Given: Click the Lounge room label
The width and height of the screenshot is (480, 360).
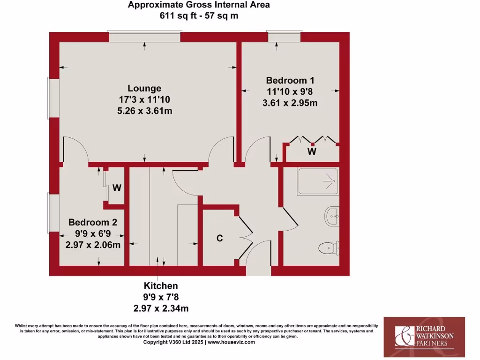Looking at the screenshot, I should click(144, 88).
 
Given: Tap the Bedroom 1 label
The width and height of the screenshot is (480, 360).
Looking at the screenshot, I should click(290, 80).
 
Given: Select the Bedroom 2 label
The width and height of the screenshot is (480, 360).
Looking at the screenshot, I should click(93, 222).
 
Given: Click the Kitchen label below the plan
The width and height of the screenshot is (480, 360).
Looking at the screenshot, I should click(161, 285).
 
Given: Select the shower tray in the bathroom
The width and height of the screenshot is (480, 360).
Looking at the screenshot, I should click(317, 181).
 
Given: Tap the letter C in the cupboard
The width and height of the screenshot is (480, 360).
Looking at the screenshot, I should click(219, 238).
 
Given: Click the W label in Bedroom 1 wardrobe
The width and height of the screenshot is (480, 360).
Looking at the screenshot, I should click(312, 151).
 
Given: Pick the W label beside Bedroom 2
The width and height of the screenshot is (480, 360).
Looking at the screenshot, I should click(117, 188).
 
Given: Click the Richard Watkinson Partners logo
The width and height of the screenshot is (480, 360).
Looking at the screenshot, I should click(424, 334).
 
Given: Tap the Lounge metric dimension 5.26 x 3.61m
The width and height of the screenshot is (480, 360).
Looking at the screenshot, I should click(144, 111).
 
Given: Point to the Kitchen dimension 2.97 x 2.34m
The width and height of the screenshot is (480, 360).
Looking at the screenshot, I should click(161, 307).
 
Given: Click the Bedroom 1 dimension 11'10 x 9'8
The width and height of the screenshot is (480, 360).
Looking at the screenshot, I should click(290, 91).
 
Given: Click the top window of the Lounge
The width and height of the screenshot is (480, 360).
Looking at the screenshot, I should click(144, 37).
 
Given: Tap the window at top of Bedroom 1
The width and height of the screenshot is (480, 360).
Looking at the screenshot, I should click(284, 37).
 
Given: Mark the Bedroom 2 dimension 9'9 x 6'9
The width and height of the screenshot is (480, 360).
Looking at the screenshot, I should click(93, 233).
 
